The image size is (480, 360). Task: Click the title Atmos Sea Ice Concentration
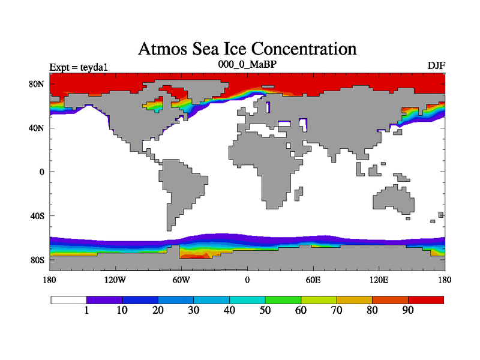(x=247, y=49)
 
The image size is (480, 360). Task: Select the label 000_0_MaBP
(x=247, y=63)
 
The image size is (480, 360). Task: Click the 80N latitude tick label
(x=37, y=84)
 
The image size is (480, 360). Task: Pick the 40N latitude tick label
(x=37, y=128)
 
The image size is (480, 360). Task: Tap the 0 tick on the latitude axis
(x=42, y=172)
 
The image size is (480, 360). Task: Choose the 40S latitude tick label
(x=38, y=216)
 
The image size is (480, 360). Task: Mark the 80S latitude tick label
(x=38, y=260)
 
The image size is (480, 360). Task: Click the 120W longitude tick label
(x=115, y=280)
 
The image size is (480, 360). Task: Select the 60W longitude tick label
(x=181, y=280)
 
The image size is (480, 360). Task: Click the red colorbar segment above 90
(x=426, y=299)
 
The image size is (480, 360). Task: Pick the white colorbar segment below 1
(x=68, y=299)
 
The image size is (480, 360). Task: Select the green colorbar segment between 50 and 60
(x=283, y=299)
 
